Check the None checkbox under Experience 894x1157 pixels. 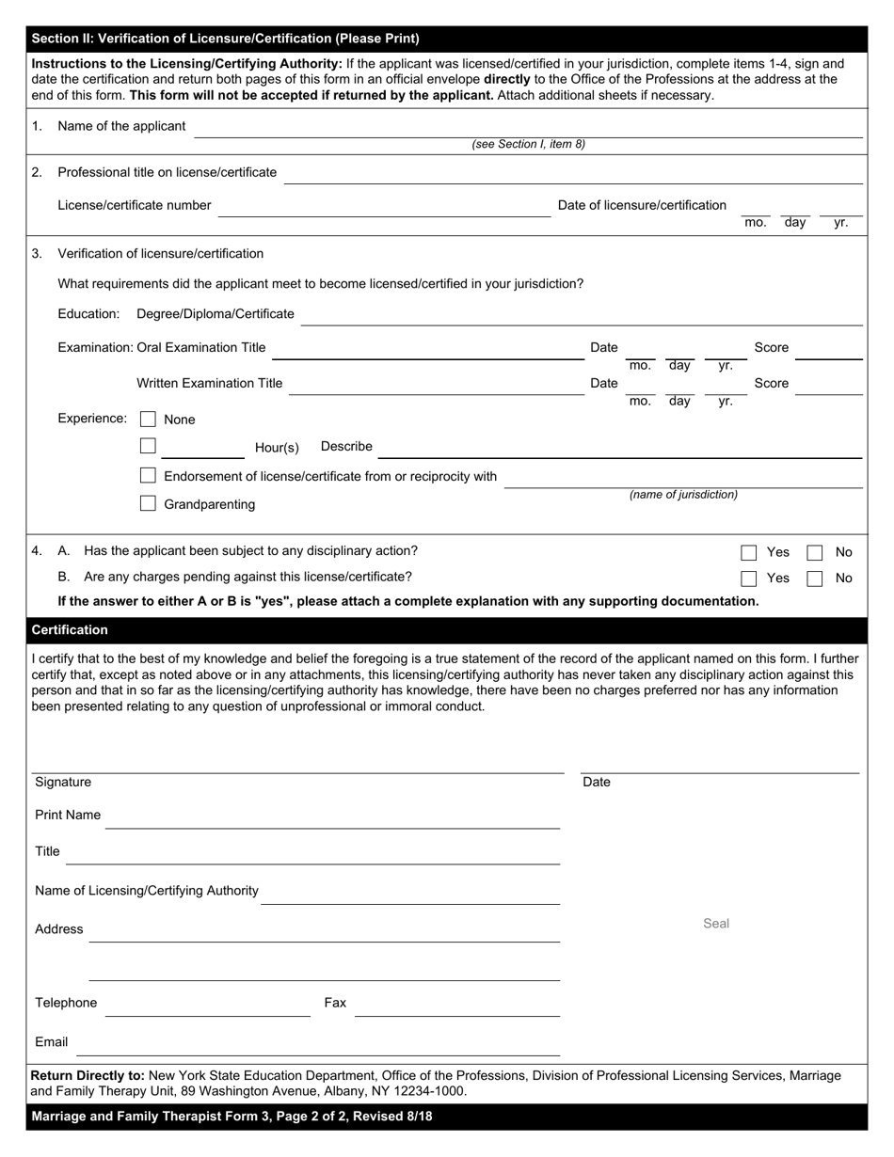148,419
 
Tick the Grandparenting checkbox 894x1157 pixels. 148,504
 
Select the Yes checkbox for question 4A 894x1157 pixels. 749,552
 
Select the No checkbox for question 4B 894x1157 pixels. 815,578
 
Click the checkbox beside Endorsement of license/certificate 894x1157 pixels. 148,476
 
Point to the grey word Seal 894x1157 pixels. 716,924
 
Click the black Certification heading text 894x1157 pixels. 70,630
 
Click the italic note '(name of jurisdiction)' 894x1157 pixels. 683,495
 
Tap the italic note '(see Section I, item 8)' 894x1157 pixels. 528,145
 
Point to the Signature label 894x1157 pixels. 63,783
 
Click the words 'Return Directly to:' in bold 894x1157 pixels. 88,1075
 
